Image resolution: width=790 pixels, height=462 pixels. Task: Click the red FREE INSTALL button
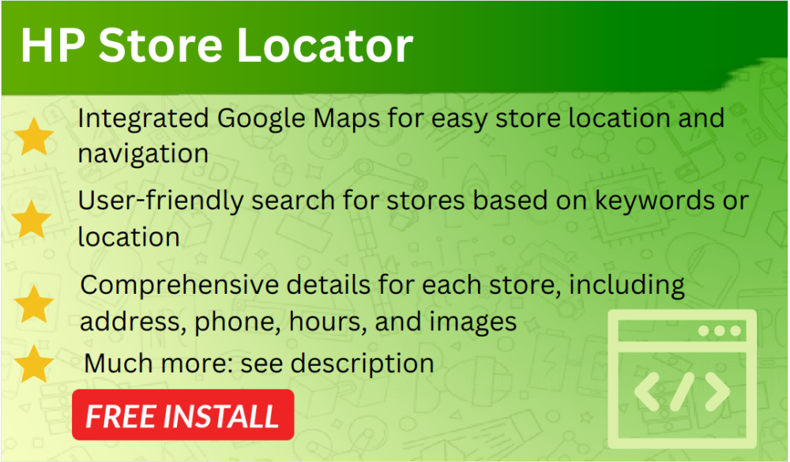pos(183,415)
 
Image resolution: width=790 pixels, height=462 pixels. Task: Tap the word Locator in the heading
pos(325,46)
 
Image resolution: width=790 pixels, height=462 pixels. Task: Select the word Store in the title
pos(160,46)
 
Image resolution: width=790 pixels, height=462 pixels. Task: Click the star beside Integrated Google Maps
pos(34,137)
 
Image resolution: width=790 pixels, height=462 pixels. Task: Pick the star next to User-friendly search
pos(32,220)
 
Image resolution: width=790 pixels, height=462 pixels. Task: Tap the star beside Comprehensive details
pos(34,304)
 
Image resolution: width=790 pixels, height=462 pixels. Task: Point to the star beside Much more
pos(34,363)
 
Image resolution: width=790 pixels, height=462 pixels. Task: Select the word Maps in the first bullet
pos(347,120)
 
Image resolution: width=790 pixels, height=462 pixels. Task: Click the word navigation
pos(143,154)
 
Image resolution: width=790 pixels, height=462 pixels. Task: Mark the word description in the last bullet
pos(363,364)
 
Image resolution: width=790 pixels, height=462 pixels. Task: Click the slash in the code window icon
pos(683,392)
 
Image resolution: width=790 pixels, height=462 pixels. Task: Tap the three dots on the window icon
pos(720,331)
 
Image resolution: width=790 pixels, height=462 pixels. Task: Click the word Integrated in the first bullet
pos(143,120)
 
